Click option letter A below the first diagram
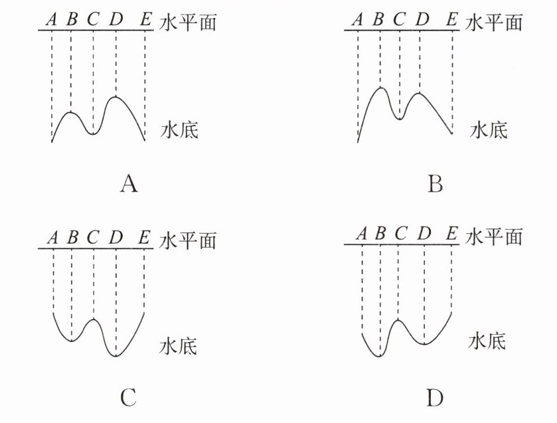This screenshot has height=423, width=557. tap(129, 183)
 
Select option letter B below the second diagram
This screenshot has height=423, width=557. tap(435, 183)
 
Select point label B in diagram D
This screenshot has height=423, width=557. tap(380, 234)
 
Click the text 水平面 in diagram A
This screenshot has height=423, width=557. tap(189, 22)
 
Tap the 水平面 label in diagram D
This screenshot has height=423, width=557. tap(494, 236)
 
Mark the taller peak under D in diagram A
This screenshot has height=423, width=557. tap(116, 98)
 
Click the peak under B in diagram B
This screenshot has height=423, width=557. tap(380, 88)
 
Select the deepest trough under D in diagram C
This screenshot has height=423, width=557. tap(116, 356)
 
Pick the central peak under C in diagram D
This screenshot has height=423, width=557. tap(398, 320)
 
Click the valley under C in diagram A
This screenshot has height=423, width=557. tap(93, 133)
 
